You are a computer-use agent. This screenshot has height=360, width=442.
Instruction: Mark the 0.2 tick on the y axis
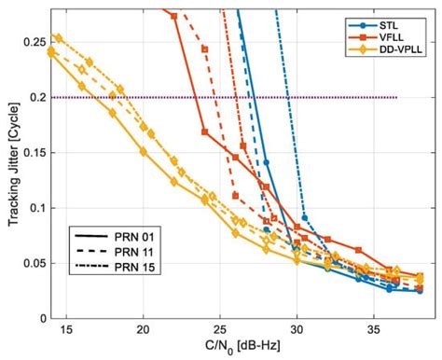click(31, 97)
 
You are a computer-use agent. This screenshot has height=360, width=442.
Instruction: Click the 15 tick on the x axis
click(66, 329)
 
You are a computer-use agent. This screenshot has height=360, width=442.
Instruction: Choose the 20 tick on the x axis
click(143, 329)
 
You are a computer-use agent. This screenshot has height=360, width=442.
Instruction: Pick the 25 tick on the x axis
click(220, 329)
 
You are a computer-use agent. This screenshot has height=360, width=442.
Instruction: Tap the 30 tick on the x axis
click(297, 329)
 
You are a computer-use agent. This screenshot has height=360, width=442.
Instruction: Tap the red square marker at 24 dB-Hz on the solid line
click(205, 132)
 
